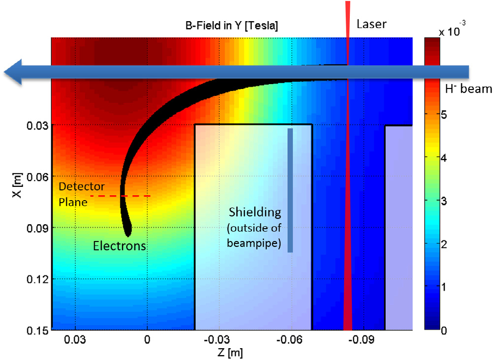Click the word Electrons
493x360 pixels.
pyautogui.click(x=120, y=246)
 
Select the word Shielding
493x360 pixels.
pyautogui.click(x=255, y=212)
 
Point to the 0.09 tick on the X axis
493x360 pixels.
pyautogui.click(x=37, y=228)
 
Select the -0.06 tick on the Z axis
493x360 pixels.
pyautogui.click(x=291, y=340)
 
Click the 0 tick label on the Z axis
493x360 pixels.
pyautogui.click(x=147, y=340)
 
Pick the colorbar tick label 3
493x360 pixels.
pyautogui.click(x=444, y=201)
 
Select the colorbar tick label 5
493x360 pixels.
pyautogui.click(x=444, y=115)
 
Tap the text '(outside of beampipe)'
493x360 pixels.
pyautogui.click(x=255, y=235)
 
